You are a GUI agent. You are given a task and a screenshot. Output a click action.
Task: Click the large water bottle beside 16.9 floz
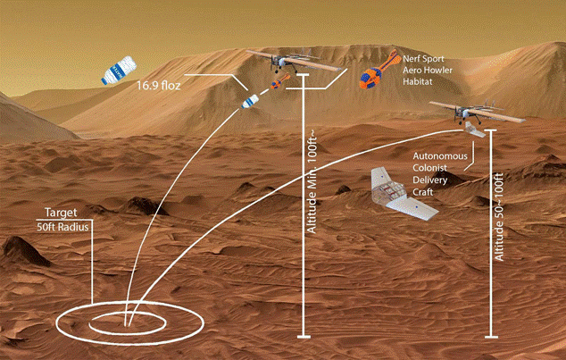(x=119, y=70)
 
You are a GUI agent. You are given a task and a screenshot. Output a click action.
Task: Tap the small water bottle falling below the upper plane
(x=250, y=101)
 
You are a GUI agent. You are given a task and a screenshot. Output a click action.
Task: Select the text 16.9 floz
(x=159, y=86)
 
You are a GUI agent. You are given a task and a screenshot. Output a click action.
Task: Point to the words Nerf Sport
(x=423, y=58)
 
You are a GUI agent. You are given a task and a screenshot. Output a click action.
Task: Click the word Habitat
(x=417, y=81)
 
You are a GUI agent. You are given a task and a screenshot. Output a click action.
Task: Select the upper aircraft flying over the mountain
(x=294, y=61)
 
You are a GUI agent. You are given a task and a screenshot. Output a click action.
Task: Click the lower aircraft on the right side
(x=478, y=112)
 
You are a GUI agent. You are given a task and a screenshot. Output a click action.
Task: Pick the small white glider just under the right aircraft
(x=475, y=130)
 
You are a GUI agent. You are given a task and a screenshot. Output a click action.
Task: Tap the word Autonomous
(x=440, y=156)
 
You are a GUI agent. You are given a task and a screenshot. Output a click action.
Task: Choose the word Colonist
(x=430, y=168)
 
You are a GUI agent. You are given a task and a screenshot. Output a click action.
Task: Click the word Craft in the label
(x=422, y=192)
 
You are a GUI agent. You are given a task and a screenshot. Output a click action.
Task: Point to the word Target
(x=61, y=213)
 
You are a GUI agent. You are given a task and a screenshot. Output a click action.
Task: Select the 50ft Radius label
(x=62, y=228)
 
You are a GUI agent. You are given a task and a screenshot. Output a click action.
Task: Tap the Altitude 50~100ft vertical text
(x=499, y=217)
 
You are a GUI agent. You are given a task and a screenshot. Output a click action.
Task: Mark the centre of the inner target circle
(x=128, y=323)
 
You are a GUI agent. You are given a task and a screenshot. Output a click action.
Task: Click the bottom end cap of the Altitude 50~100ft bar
(x=491, y=338)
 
